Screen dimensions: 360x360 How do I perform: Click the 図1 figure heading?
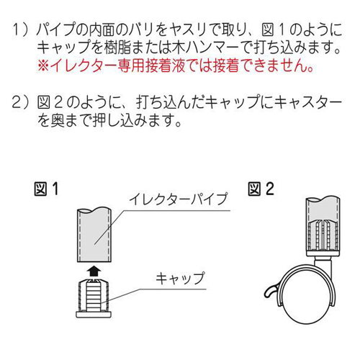point(46,189)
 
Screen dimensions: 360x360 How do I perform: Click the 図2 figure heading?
point(261,189)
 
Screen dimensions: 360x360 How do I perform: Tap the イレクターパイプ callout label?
point(178,199)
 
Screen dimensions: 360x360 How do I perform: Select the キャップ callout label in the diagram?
point(180,279)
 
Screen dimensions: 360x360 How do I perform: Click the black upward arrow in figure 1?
point(94,271)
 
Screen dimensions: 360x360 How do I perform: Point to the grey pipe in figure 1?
point(94,235)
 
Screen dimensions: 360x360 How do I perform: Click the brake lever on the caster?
point(271,291)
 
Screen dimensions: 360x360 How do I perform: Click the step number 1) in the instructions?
point(19,30)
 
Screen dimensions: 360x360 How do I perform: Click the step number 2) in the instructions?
point(19,102)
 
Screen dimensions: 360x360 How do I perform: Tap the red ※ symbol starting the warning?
point(43,66)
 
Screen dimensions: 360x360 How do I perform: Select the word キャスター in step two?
point(307,102)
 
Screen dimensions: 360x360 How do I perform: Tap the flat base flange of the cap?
point(94,315)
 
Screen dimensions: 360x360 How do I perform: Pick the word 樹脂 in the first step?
point(117,48)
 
